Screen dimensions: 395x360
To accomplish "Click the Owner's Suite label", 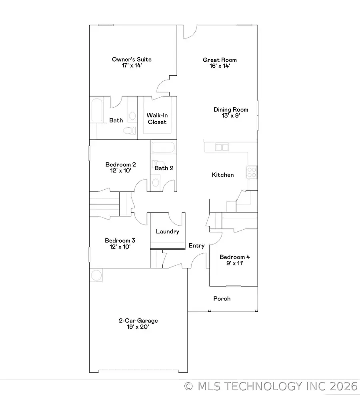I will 132,60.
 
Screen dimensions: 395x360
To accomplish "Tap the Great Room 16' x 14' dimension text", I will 217,66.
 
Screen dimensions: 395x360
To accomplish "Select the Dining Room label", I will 231,110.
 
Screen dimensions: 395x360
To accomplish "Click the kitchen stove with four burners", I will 252,172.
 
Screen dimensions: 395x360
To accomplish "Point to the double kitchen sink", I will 222,147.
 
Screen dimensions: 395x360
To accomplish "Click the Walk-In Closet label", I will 157,119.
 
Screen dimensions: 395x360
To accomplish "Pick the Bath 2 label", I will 164,168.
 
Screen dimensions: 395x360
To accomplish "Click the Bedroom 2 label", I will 120,164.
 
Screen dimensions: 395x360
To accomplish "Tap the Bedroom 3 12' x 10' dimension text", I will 120,247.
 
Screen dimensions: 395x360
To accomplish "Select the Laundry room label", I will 168,231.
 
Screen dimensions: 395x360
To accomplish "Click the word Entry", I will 197,246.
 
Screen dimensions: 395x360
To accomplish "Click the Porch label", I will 222,299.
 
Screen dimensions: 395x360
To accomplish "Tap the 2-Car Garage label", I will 138,321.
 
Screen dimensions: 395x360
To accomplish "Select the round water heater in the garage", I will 96,275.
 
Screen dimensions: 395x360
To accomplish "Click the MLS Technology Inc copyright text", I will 271,386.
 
